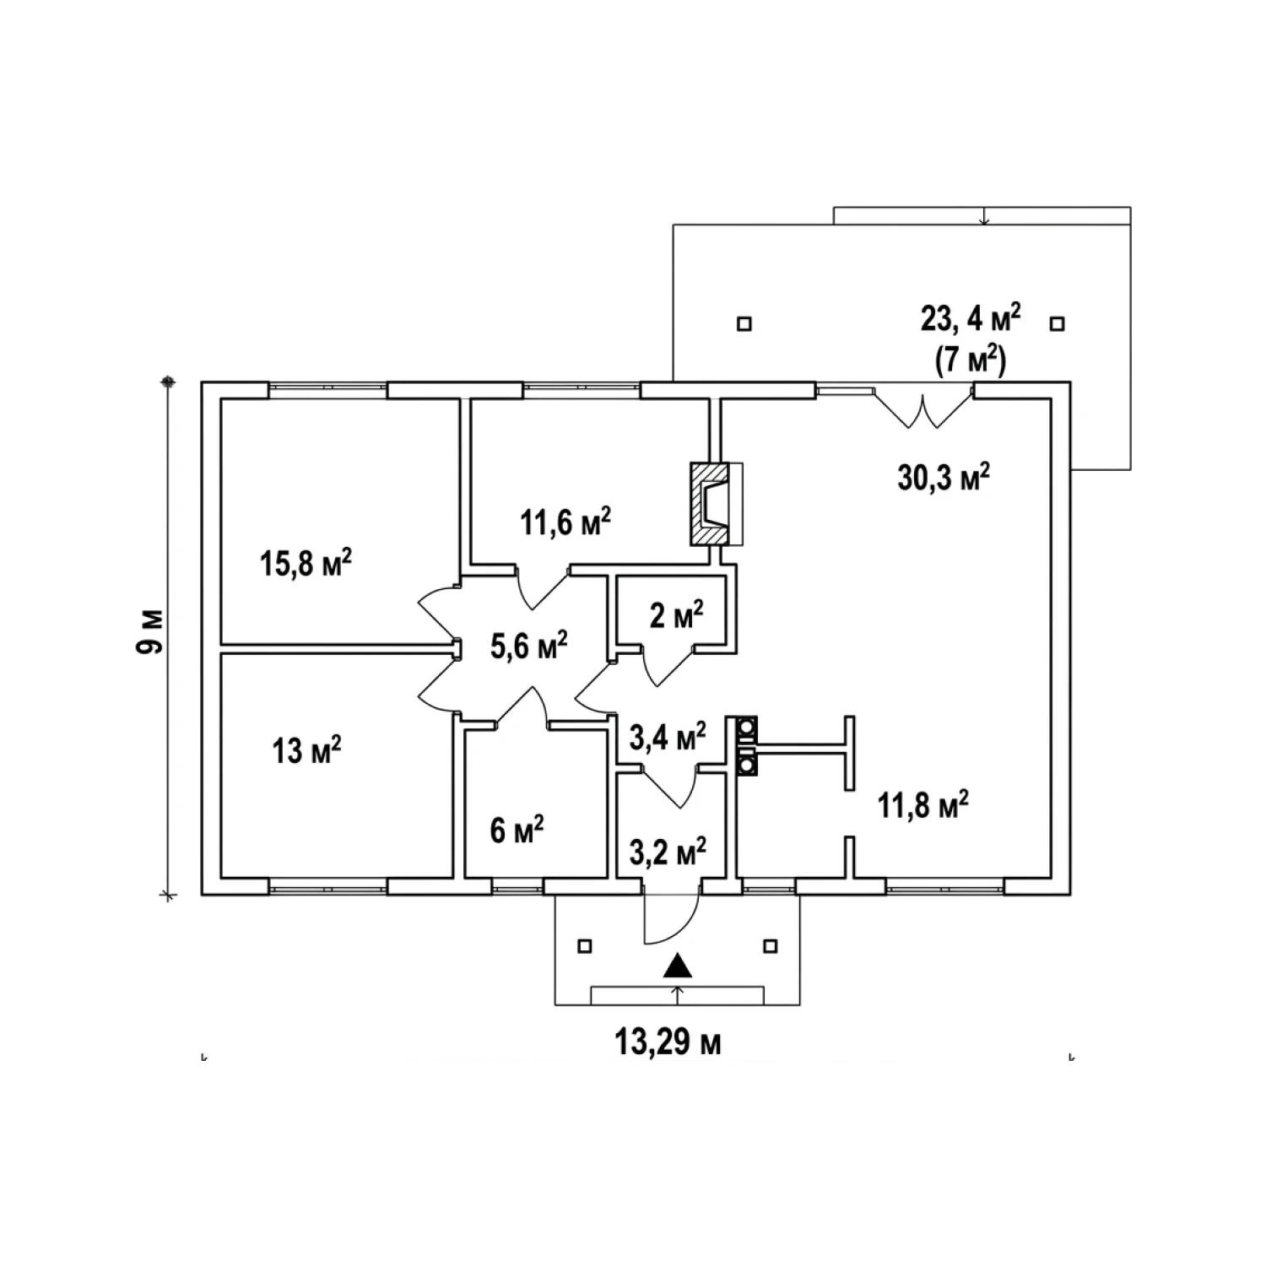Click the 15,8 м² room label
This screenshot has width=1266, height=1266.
point(306,563)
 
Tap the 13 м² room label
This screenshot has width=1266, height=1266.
point(306,749)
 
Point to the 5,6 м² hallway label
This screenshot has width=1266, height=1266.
point(529,646)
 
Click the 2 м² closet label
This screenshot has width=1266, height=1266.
point(676,615)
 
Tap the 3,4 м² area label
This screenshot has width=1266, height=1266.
point(668,737)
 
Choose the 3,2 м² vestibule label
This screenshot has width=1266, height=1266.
point(668,852)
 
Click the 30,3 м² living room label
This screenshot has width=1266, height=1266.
point(944,478)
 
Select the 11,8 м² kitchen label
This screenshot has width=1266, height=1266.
point(922,805)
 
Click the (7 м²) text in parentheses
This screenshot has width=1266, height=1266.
point(971,361)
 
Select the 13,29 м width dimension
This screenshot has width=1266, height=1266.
point(668,1043)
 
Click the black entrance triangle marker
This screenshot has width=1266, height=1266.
point(677,966)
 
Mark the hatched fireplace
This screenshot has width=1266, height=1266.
point(710,503)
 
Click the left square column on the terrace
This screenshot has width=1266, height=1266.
point(744,323)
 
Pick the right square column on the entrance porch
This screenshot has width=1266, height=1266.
point(770,946)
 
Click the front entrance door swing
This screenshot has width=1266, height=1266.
point(671,918)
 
